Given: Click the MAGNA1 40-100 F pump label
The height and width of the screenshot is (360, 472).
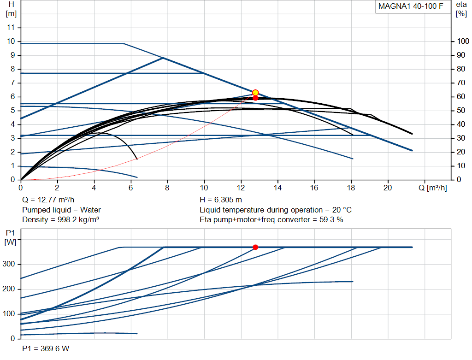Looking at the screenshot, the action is point(411,6).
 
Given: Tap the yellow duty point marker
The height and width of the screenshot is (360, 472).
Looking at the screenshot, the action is point(255,93).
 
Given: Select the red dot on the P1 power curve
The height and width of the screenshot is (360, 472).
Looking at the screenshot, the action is point(255,247).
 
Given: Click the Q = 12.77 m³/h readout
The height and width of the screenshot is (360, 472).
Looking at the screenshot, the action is point(48,200).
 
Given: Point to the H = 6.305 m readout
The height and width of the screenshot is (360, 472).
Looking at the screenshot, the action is point(221,200).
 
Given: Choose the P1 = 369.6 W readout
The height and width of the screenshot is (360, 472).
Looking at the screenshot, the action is point(46,348).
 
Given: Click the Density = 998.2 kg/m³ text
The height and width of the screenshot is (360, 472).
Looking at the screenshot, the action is point(60,220).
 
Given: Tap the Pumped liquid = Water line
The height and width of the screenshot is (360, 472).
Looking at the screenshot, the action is point(61,210).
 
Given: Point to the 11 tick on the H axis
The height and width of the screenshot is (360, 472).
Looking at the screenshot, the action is point(11,27).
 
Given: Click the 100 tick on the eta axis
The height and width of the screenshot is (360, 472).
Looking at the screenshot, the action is point(463,41).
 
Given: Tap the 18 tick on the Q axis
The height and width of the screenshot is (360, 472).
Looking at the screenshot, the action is point(351,188).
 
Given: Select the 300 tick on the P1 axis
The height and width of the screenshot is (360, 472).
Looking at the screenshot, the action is point(8,264).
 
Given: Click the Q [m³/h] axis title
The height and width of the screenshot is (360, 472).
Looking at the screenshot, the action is point(432,188).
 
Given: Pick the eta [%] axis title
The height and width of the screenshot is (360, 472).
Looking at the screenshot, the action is point(461,9).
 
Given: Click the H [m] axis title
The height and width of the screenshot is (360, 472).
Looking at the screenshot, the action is point(11,9).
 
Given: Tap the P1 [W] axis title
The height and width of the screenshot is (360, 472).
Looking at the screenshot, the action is point(10,237).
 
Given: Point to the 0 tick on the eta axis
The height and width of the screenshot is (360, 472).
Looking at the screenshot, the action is point(459,180).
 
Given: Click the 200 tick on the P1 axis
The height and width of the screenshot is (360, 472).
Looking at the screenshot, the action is point(8,289).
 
